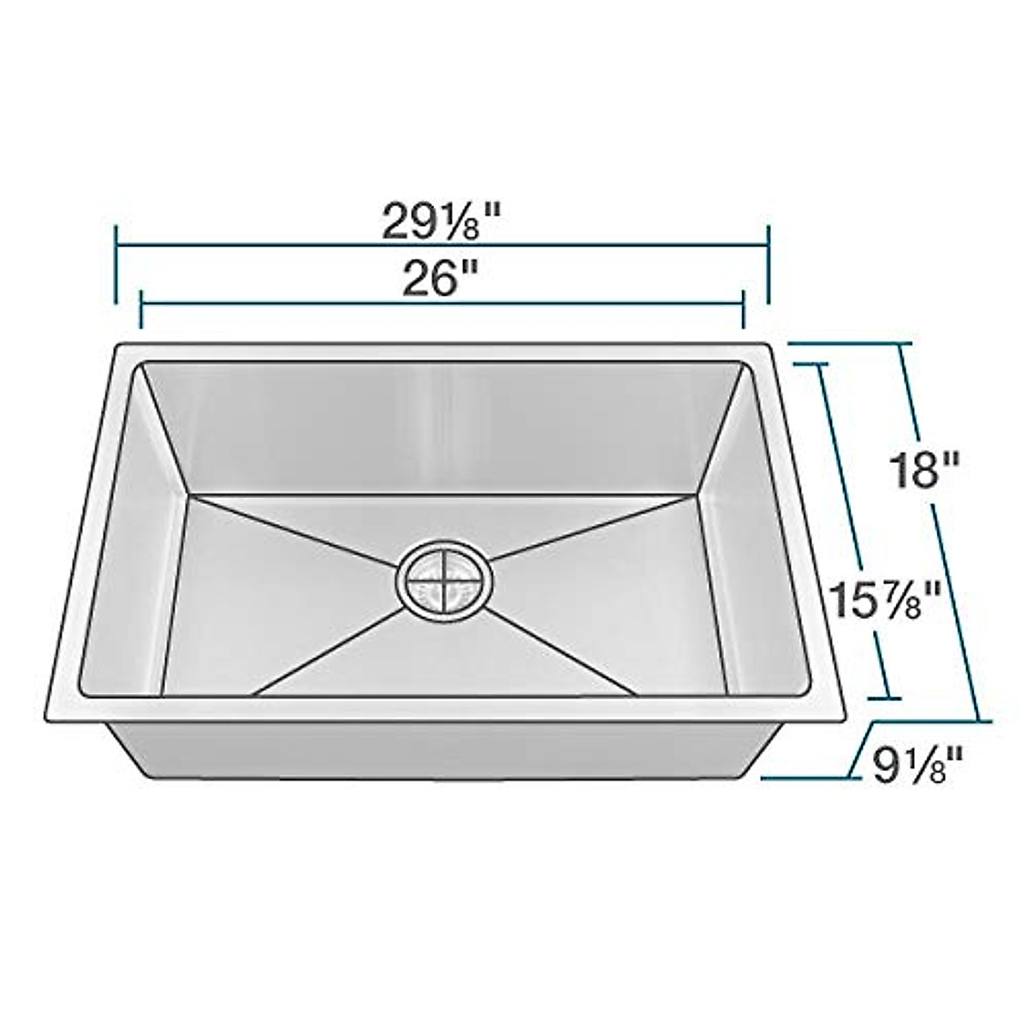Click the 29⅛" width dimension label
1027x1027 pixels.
[x=441, y=224]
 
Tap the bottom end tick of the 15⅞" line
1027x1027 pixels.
[x=887, y=698]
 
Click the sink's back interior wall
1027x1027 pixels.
[x=441, y=428]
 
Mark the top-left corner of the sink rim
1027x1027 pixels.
[x=120, y=347]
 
